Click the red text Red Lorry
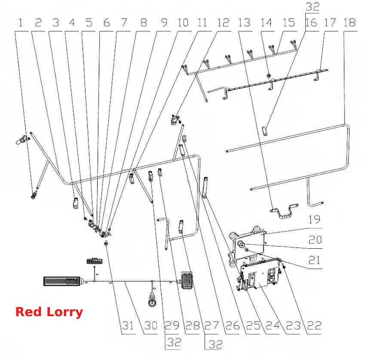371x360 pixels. point(49,312)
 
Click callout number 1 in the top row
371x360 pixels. point(21,23)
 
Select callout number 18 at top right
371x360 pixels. point(350,23)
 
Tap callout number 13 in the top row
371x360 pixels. point(244,23)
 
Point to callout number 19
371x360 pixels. point(314,220)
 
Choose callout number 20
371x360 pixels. point(315,240)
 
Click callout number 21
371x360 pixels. point(314,260)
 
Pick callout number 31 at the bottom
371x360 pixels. point(128,326)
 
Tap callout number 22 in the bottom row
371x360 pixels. point(314,326)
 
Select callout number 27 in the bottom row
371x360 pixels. point(212,326)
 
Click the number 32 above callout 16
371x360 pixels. point(313,6)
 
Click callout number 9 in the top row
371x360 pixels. point(164,23)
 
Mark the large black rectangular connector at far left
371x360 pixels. point(63,281)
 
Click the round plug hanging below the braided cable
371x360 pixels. point(152,301)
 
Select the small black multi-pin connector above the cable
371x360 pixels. point(95,261)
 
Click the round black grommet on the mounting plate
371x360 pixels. point(241,244)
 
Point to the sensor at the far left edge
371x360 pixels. point(22,140)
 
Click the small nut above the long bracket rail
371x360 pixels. point(269,76)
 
